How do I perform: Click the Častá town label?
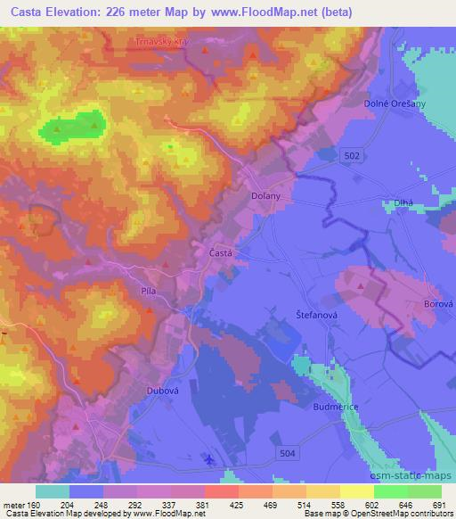tap(221, 253)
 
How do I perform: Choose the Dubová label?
tap(157, 390)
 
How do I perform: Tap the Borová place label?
tap(439, 303)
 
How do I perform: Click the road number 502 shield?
tap(352, 155)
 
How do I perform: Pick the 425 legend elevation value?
tap(222, 504)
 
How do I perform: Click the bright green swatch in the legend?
tap(390, 490)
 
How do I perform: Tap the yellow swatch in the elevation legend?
tap(356, 490)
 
